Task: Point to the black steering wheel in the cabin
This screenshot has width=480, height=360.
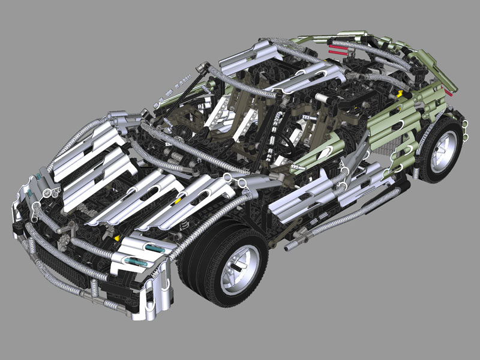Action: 287,144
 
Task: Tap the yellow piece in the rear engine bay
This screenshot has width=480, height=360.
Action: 398,94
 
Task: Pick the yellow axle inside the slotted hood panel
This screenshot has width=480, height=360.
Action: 178,201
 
